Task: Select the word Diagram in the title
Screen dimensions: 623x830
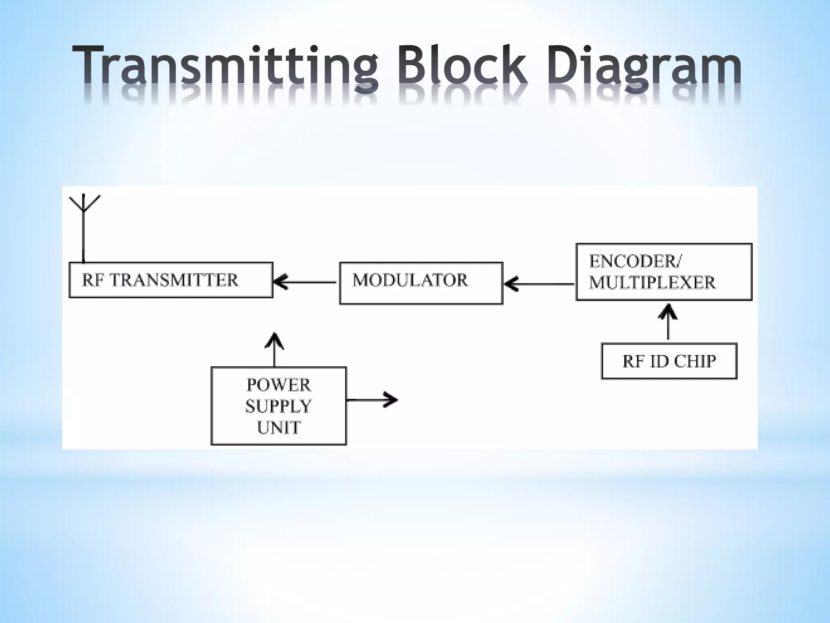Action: tap(644, 67)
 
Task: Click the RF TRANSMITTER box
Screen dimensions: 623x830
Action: tap(171, 280)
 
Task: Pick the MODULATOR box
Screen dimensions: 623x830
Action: tap(421, 283)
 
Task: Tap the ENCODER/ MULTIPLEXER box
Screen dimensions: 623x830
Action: tap(663, 272)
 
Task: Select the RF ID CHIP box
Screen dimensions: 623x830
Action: tap(669, 361)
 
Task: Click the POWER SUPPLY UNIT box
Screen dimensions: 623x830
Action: tap(279, 406)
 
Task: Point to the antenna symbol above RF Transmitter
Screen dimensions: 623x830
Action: tap(84, 227)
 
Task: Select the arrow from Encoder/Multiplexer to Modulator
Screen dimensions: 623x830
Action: tap(539, 284)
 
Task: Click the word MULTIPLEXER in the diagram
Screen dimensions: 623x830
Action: tap(652, 283)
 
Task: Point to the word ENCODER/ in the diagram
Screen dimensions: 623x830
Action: tap(635, 262)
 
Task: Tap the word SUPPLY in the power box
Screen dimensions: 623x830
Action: tap(278, 406)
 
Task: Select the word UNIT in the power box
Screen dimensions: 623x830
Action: tap(279, 427)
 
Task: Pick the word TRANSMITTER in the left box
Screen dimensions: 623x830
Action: tap(174, 280)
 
